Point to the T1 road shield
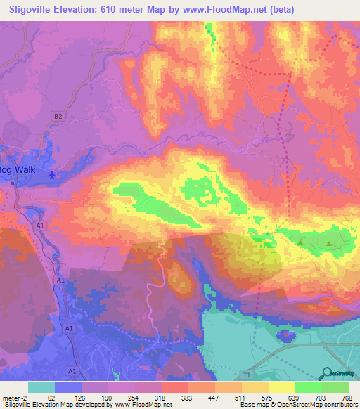(247, 375)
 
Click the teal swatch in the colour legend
(41, 387)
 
